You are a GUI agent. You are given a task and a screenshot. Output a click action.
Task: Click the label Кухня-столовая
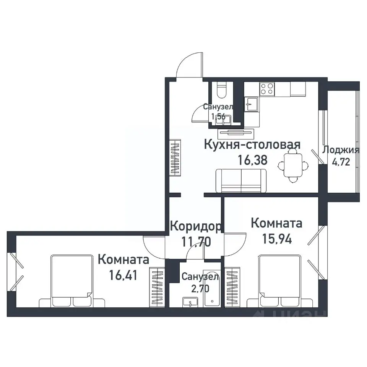point(252,145)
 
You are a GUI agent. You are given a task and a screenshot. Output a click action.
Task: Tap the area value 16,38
point(252,160)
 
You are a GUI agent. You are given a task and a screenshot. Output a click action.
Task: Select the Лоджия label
point(341,150)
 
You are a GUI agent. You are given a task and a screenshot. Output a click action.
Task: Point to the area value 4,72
point(341,162)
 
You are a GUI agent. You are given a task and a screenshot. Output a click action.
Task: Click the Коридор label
point(195,226)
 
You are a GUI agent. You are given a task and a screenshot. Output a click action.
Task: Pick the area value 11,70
point(195,241)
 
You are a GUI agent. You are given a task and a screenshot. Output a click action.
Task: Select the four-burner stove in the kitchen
point(267,89)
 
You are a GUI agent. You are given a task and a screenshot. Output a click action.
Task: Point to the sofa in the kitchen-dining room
point(241,181)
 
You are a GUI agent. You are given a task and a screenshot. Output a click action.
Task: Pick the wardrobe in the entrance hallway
point(175,157)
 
